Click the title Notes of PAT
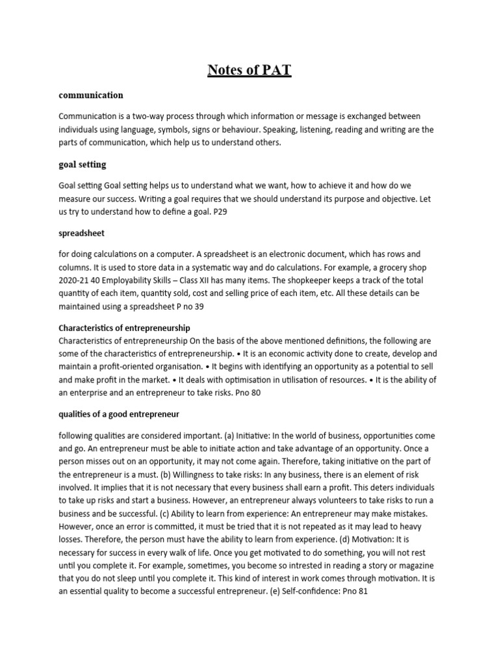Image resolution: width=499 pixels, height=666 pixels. coord(249,70)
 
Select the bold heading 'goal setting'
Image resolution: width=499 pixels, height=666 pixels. coord(82,165)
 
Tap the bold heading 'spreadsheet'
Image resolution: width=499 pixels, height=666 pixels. coord(81,232)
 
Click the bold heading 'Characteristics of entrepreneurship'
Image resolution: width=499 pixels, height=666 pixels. coord(124,328)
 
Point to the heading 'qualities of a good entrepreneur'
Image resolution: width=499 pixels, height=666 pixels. coord(119,414)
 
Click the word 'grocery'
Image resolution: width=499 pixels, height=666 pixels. coord(384,267)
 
